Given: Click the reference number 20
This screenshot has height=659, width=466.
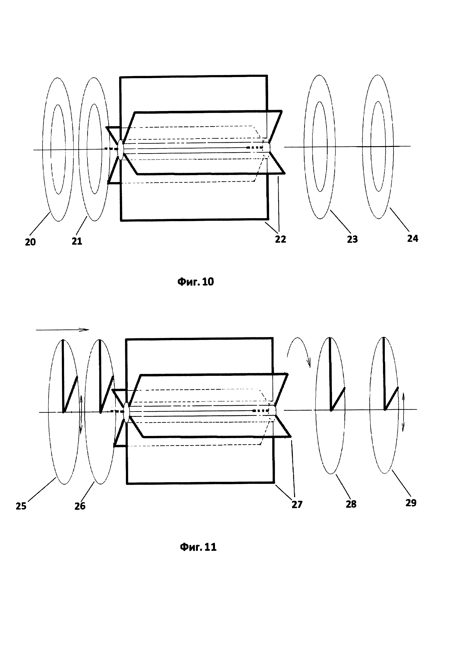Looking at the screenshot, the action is point(30,242).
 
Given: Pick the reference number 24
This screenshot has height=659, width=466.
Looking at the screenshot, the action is point(413,238).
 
